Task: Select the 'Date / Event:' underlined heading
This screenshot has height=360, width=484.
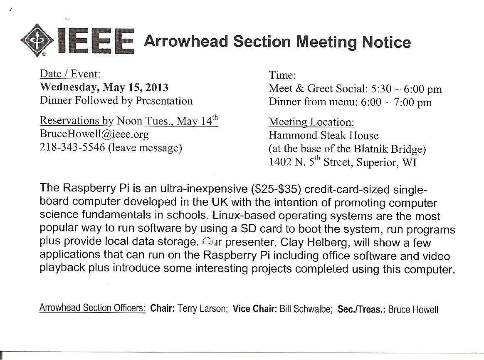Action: coord(70,74)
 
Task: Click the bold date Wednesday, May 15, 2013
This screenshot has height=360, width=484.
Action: coord(104,87)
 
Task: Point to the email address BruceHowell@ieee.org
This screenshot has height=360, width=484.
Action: coord(94,134)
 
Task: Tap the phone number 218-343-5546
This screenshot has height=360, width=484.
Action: coord(72,148)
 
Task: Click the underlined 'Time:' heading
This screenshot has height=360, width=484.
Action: coord(282,75)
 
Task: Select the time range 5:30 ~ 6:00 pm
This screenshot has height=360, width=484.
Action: coord(406,89)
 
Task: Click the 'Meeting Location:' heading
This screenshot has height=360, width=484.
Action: coord(311,122)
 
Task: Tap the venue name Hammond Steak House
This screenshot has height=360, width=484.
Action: coord(323,135)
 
